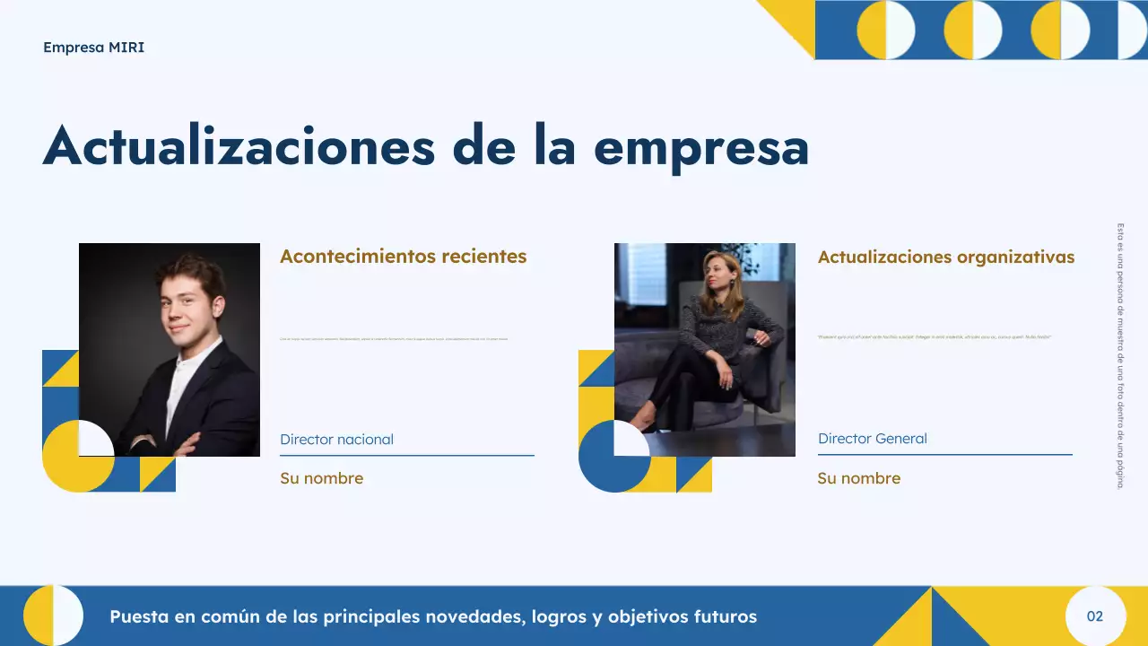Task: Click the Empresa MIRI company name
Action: click(x=93, y=48)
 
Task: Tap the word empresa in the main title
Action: click(x=700, y=146)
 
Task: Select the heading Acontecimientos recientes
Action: click(x=403, y=257)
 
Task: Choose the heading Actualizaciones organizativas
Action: click(x=945, y=258)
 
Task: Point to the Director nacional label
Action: click(x=336, y=440)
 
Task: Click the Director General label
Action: click(x=872, y=439)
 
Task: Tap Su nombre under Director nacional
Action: click(x=321, y=478)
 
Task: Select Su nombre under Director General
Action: click(x=858, y=478)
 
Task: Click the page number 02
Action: click(x=1094, y=616)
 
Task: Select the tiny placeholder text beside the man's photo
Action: click(x=394, y=339)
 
